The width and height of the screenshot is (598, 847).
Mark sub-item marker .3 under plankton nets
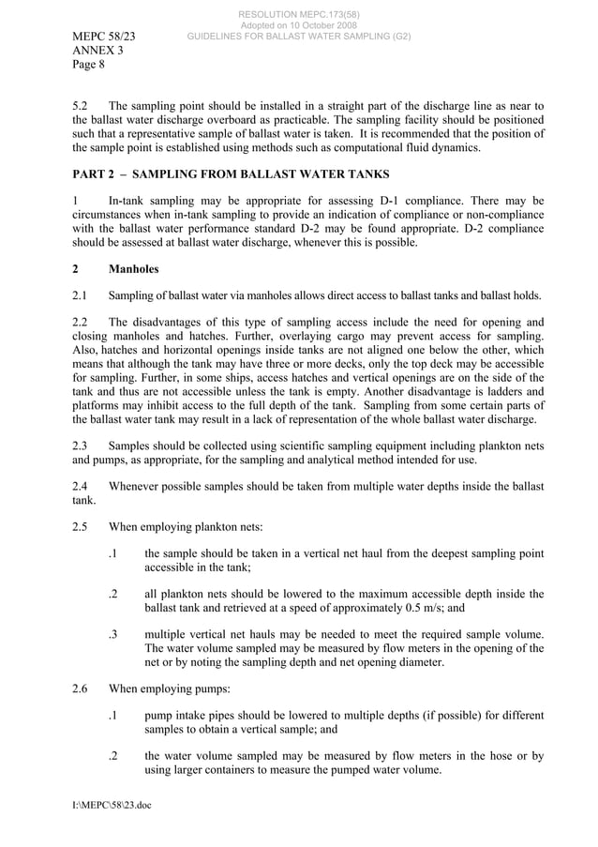tap(112, 634)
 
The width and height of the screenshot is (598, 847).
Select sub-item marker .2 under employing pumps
tap(112, 756)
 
